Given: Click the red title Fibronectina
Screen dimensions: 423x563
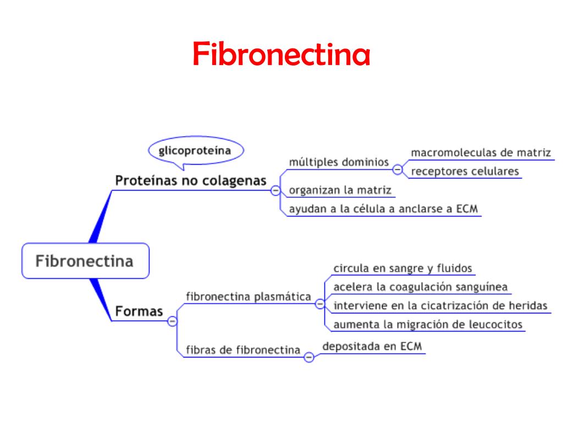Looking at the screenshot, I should pyautogui.click(x=281, y=55).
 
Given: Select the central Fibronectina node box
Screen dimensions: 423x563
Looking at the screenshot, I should pyautogui.click(x=85, y=261).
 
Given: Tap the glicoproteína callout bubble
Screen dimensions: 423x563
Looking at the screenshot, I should pyautogui.click(x=196, y=150).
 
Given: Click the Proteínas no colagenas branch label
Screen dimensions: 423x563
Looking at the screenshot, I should pyautogui.click(x=190, y=181).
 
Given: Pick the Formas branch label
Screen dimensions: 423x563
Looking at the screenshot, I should pyautogui.click(x=139, y=311).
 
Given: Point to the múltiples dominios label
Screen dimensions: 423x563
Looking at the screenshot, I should pyautogui.click(x=339, y=162).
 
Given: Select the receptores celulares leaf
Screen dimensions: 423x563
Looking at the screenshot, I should pyautogui.click(x=465, y=171).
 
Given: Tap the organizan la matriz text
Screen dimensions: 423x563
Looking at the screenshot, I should pyautogui.click(x=340, y=191).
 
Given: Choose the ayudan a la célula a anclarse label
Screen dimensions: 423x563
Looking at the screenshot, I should pyautogui.click(x=384, y=209).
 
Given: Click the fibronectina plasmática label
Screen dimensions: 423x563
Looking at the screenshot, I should pyautogui.click(x=249, y=296).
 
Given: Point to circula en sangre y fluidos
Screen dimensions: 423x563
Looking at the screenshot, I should pyautogui.click(x=403, y=268).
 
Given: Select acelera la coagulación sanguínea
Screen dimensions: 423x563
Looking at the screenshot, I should pyautogui.click(x=421, y=287).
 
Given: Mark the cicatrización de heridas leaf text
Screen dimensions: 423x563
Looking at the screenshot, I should pyautogui.click(x=440, y=306).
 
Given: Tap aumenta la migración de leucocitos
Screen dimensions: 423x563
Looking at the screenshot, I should pyautogui.click(x=428, y=324).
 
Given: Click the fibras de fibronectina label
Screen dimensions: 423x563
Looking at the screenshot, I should pyautogui.click(x=243, y=350).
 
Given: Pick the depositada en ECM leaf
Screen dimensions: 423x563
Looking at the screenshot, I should pyautogui.click(x=373, y=346).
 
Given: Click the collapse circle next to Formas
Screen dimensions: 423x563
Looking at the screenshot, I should pyautogui.click(x=172, y=321).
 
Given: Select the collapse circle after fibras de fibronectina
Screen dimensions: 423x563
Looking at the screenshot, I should pyautogui.click(x=308, y=357).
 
